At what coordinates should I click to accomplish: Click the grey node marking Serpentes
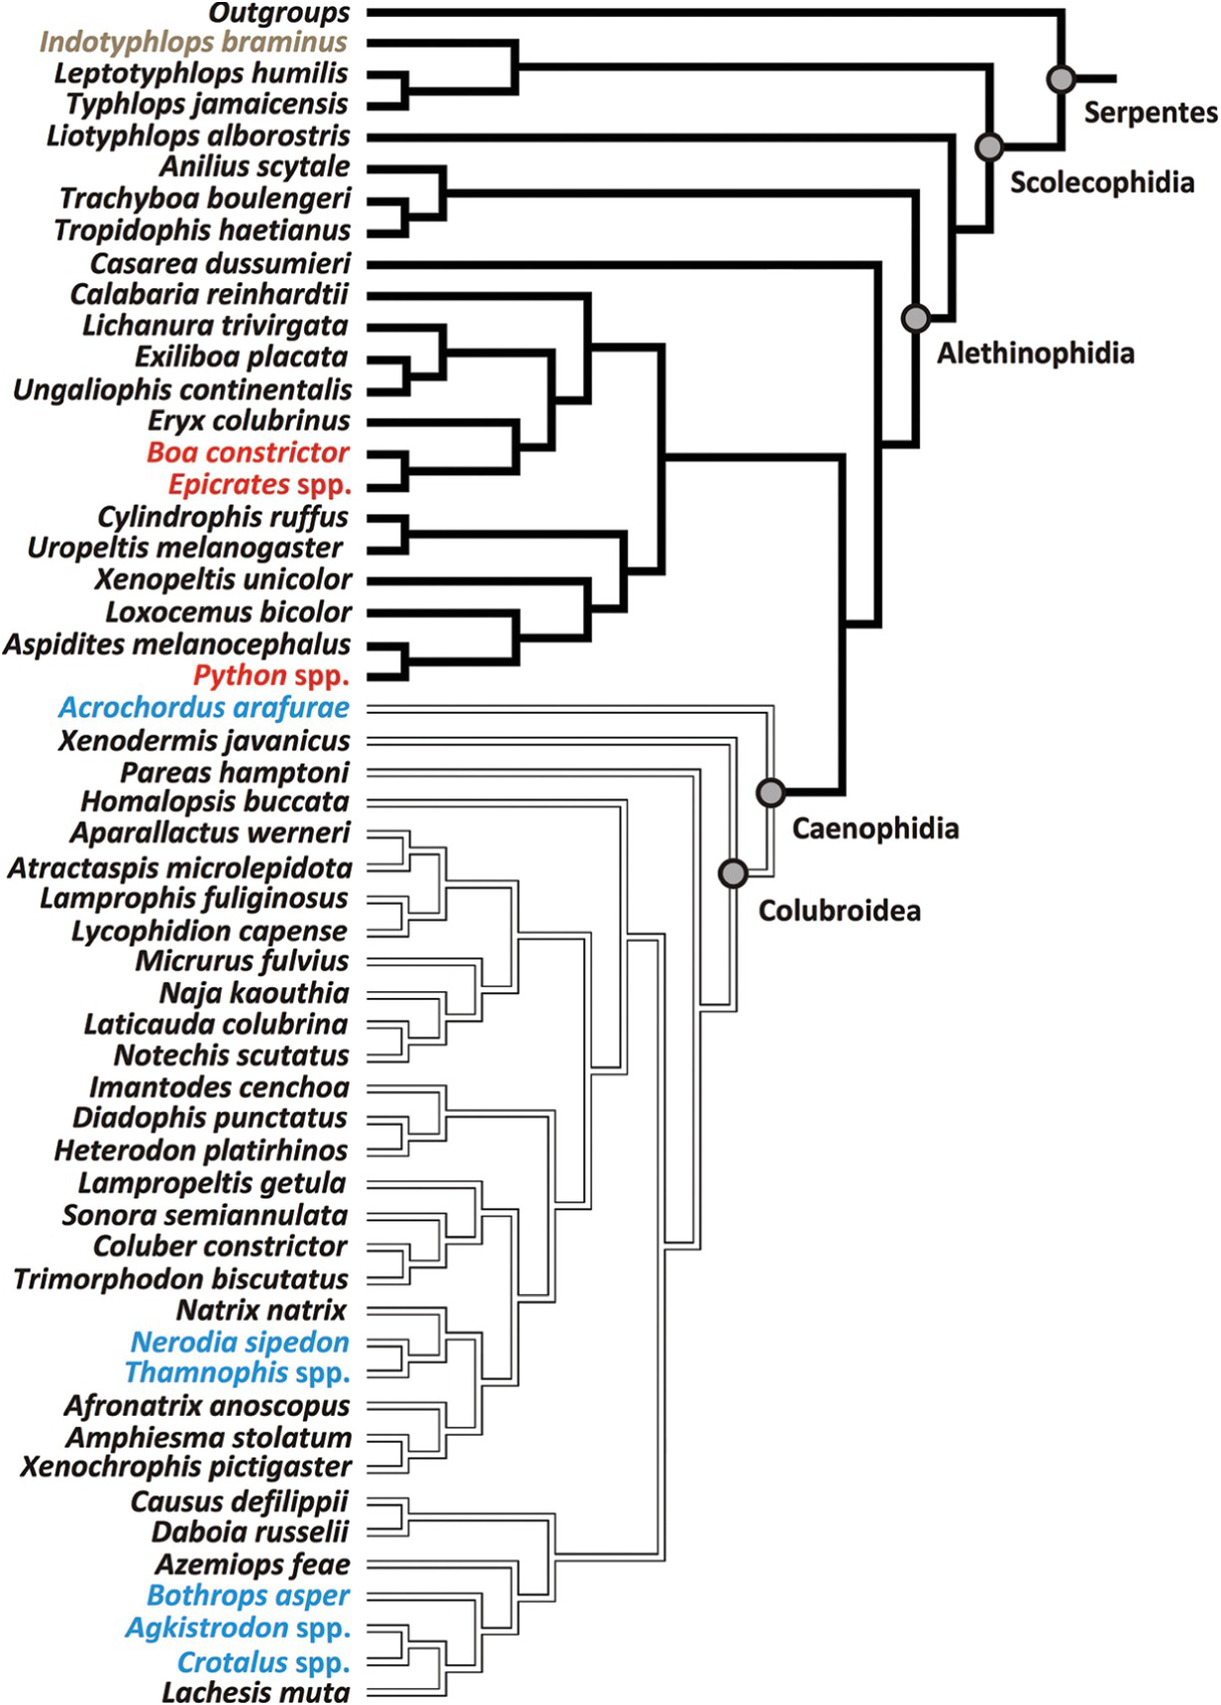point(1061,78)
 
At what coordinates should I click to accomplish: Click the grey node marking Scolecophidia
point(989,147)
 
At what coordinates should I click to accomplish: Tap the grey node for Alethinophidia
point(916,318)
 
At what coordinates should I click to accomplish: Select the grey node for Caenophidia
point(770,791)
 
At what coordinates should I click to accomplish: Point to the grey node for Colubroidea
point(733,872)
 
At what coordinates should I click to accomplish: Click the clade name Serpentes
point(1150,112)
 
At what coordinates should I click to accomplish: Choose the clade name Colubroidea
point(839,910)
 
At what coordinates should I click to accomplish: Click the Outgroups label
point(279,13)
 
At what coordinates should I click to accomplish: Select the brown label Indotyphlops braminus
point(194,43)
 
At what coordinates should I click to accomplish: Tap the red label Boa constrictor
point(248,452)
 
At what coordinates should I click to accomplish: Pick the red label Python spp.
point(271,676)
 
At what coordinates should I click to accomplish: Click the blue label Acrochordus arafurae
point(204,708)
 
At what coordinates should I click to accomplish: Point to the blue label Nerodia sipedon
point(240,1342)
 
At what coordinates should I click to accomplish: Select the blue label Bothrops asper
point(248,1595)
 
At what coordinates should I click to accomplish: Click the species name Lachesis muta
point(255,1691)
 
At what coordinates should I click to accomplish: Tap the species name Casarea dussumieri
point(220,264)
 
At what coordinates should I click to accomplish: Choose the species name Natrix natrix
point(261,1310)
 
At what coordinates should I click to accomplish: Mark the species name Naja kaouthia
point(254,992)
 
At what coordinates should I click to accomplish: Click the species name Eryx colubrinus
point(249,421)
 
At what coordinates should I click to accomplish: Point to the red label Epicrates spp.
point(259,485)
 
